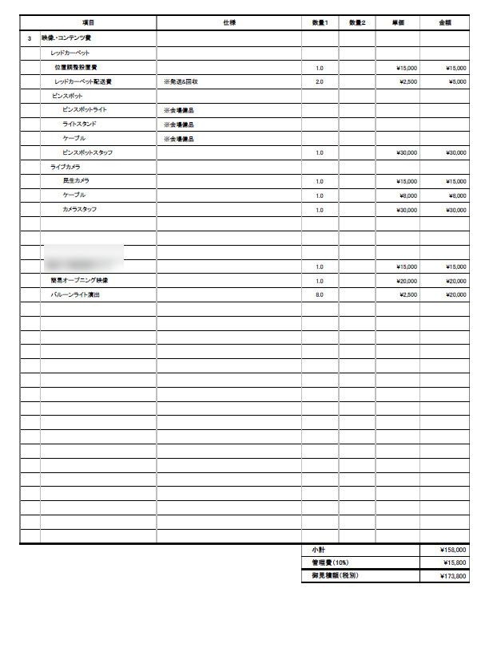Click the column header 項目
click(x=88, y=22)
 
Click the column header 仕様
click(x=229, y=22)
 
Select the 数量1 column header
click(x=320, y=22)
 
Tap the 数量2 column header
click(x=357, y=22)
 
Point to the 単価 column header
click(x=398, y=22)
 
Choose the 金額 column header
click(x=444, y=22)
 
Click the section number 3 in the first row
click(x=30, y=38)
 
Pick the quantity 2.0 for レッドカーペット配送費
click(x=320, y=81)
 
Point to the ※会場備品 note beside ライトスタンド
click(x=178, y=124)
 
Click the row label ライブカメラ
click(x=66, y=167)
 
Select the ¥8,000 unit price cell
click(x=408, y=195)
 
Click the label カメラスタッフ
click(x=80, y=209)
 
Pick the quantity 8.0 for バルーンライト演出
click(x=320, y=294)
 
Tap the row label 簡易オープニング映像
click(x=80, y=281)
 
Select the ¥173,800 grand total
click(x=453, y=576)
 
